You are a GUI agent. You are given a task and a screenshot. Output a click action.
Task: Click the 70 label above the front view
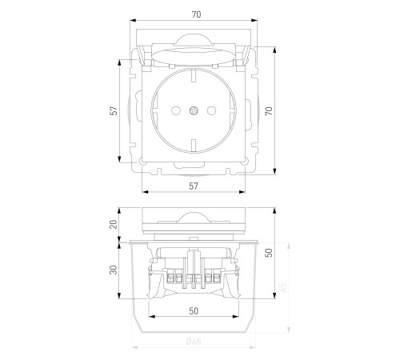click(196, 14)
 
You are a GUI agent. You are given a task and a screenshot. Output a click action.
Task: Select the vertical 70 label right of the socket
click(269, 110)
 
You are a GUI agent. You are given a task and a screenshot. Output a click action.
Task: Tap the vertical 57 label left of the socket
click(114, 110)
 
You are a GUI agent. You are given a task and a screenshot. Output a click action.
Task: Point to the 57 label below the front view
click(194, 186)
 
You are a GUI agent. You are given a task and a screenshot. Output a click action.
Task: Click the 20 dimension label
click(114, 224)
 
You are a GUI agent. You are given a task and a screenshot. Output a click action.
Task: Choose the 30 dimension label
click(114, 270)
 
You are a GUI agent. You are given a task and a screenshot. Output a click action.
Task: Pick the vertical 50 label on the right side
click(269, 253)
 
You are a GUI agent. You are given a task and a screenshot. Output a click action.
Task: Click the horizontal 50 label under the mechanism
click(194, 311)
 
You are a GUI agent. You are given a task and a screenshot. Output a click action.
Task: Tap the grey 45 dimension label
click(283, 287)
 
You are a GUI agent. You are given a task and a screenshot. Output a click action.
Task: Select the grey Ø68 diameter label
click(194, 342)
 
